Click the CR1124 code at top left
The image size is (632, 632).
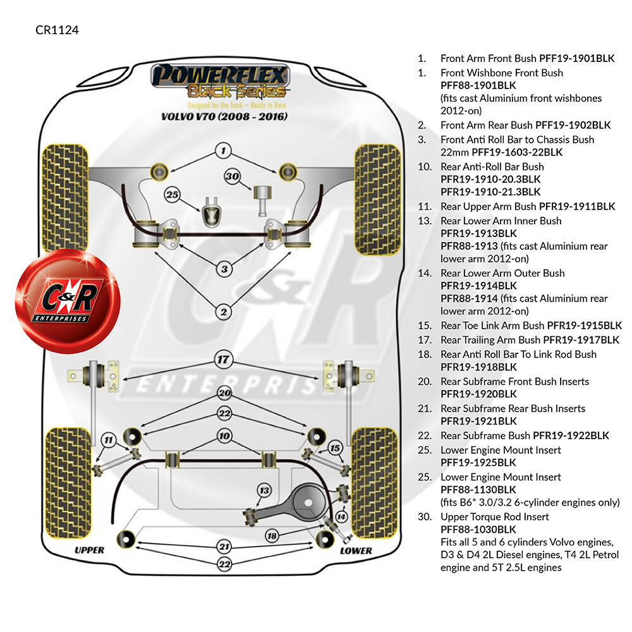click(57, 30)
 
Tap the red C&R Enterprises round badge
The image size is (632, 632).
click(68, 301)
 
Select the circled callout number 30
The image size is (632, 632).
click(232, 176)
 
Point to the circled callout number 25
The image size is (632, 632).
click(172, 195)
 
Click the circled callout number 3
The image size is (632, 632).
click(224, 269)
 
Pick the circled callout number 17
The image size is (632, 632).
click(223, 360)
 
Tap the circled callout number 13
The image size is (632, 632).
click(264, 490)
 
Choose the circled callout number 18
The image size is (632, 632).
click(272, 536)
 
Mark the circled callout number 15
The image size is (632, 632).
click(335, 448)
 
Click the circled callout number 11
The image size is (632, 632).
click(109, 440)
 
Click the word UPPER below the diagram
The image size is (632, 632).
click(90, 550)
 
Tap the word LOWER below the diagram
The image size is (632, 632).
click(356, 550)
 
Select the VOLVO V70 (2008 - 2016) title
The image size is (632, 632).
click(224, 116)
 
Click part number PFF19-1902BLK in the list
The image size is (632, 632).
click(573, 125)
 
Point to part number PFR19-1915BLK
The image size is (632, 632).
click(585, 325)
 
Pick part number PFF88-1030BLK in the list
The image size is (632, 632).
click(478, 529)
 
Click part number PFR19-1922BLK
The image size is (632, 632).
click(571, 435)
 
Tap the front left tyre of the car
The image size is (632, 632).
click(64, 198)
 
